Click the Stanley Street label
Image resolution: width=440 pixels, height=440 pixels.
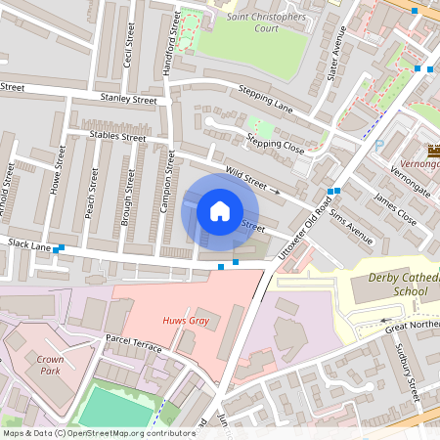pos(128,99)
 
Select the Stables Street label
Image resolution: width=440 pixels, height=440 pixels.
pos(116,137)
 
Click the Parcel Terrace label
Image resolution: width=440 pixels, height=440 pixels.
pos(133,347)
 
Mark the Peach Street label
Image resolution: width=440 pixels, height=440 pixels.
pos(93,191)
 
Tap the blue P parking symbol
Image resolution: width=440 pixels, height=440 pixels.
pos(378,144)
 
